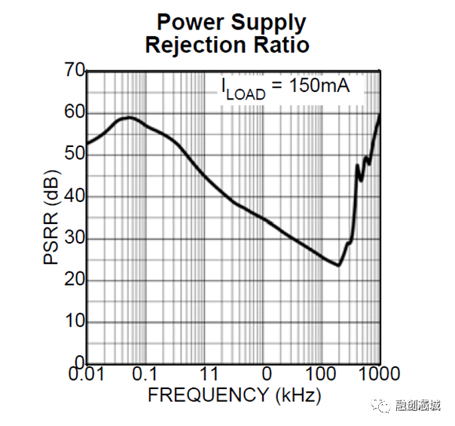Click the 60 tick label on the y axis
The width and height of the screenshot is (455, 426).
[x=74, y=113]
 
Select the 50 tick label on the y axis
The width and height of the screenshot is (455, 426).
[x=74, y=155]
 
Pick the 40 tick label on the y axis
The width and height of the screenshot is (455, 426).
[x=74, y=196]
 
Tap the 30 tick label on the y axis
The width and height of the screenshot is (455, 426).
[x=74, y=238]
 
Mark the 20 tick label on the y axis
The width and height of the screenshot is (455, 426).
[x=74, y=280]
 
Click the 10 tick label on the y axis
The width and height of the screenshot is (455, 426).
[x=74, y=322]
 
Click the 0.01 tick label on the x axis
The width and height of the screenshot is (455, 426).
[x=87, y=374]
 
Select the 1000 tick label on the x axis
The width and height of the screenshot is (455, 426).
[x=379, y=374]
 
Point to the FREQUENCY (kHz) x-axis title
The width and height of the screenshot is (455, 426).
[x=234, y=394]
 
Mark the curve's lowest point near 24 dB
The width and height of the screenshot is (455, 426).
[x=338, y=265]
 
